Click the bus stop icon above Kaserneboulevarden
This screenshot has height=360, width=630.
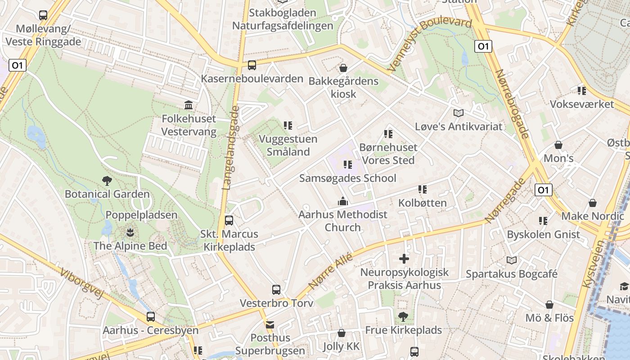point(252,65)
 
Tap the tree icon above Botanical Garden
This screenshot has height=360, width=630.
point(107,181)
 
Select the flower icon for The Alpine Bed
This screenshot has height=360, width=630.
point(130,233)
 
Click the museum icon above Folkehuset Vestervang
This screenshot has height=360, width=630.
point(189,105)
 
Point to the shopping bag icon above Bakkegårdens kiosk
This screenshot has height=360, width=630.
point(343,68)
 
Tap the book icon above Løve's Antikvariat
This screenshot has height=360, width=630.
point(458,113)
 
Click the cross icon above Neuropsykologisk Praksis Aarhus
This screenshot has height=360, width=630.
point(404,259)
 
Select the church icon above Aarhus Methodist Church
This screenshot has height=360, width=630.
point(343,201)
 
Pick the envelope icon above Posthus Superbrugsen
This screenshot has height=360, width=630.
point(270,324)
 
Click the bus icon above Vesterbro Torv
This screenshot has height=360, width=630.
point(276,290)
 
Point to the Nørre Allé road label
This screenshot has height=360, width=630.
point(331,270)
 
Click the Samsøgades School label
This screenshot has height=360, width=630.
point(348,178)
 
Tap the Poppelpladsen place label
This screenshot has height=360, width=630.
point(141,215)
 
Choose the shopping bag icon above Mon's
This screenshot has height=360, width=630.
point(558,145)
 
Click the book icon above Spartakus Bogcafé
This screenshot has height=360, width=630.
point(512,260)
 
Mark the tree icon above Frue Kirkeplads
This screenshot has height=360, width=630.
point(403,317)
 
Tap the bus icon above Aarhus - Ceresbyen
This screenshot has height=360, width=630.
point(151,317)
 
